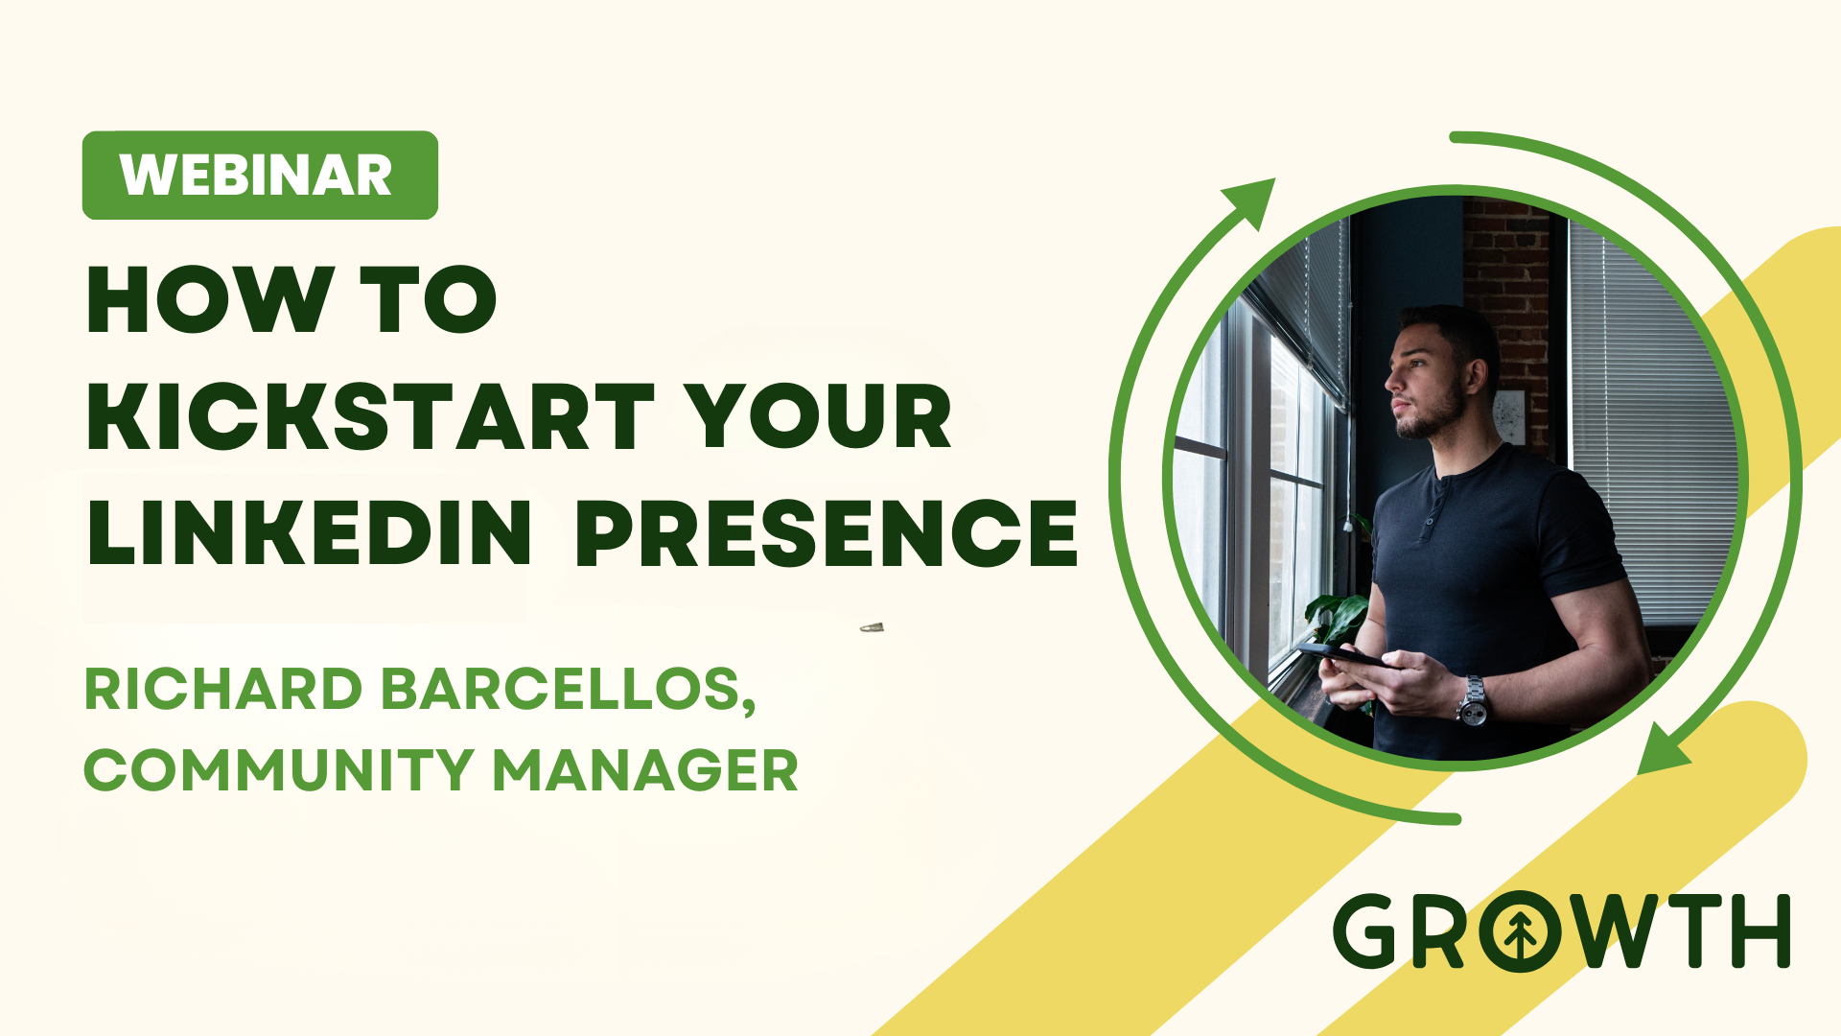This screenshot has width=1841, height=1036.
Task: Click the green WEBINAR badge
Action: (x=260, y=176)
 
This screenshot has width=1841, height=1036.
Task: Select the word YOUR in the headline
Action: (x=819, y=416)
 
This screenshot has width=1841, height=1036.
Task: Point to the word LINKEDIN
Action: (x=309, y=532)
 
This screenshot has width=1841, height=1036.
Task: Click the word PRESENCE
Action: (x=827, y=532)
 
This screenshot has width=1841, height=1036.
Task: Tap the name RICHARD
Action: (x=223, y=689)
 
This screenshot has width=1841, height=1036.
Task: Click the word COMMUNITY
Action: (x=279, y=769)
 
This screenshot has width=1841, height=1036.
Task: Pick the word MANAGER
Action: (x=645, y=769)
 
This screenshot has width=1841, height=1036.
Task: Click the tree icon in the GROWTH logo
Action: (x=1519, y=931)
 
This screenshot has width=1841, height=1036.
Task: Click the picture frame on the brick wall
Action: (x=1509, y=416)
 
